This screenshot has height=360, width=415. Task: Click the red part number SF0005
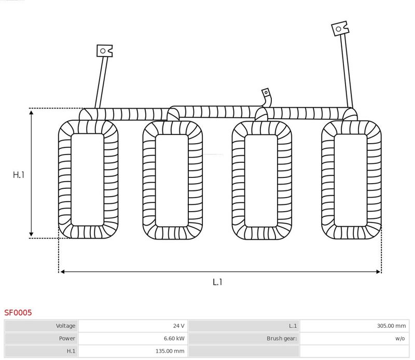(x=18, y=313)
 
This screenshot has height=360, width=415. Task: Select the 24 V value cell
(x=133, y=326)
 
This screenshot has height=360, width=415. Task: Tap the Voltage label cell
(x=41, y=326)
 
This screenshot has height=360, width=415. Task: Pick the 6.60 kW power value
(x=174, y=338)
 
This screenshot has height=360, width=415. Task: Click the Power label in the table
(x=67, y=338)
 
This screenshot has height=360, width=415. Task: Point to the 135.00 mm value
(x=170, y=351)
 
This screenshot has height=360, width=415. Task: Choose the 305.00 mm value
(x=391, y=326)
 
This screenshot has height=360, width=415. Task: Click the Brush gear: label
(x=282, y=338)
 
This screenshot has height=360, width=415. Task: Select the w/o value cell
(x=355, y=338)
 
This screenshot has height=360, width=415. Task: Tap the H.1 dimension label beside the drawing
(x=19, y=175)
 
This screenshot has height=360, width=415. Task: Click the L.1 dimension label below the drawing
(x=217, y=282)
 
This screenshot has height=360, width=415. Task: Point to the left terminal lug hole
(x=103, y=51)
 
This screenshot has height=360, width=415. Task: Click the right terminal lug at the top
(x=340, y=29)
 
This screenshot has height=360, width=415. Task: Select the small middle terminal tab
(x=266, y=93)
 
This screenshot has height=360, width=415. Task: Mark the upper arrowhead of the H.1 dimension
(x=31, y=113)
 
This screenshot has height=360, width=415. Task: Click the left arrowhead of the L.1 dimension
(x=63, y=272)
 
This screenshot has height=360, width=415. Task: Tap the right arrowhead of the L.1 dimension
(x=378, y=272)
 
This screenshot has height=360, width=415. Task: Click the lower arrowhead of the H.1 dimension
(x=31, y=234)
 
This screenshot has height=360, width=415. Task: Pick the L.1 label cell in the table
(x=244, y=326)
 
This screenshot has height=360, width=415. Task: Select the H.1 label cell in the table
(x=41, y=351)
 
